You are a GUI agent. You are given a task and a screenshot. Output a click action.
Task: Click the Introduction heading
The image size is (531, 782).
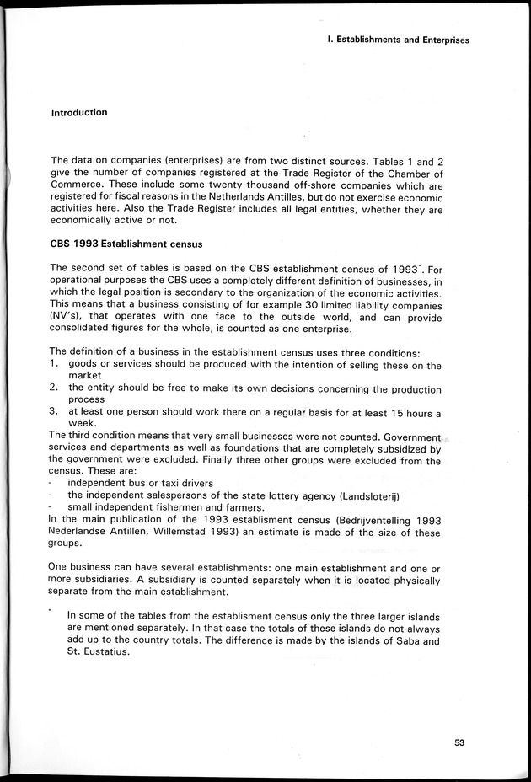79,112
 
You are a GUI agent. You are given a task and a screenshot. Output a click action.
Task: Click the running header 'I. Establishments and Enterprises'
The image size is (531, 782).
397,39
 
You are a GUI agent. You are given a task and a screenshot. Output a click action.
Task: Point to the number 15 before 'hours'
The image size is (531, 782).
384,413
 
